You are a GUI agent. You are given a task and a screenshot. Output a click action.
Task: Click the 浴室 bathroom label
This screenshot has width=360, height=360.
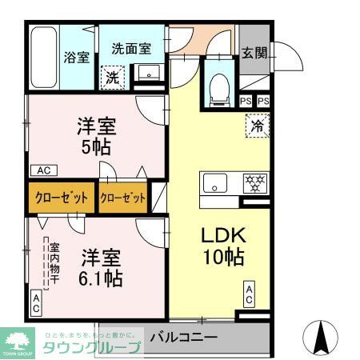(77, 58)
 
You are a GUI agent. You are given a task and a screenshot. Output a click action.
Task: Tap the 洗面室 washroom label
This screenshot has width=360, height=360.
(131, 48)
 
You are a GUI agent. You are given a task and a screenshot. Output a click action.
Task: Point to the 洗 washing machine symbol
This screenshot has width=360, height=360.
(113, 77)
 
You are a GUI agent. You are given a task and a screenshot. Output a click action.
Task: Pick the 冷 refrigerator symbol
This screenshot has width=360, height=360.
(258, 126)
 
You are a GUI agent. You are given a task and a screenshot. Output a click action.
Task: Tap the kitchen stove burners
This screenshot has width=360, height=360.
(254, 182)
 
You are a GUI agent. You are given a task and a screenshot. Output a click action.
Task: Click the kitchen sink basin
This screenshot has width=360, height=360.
(214, 182)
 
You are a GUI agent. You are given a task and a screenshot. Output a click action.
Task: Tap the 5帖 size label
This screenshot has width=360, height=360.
(96, 147)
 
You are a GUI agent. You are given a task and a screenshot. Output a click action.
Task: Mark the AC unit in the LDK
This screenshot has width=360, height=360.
(250, 294)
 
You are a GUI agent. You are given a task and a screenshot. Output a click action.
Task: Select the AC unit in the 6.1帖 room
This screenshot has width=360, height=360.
(36, 302)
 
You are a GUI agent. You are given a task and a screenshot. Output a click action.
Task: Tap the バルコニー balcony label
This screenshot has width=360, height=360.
(183, 338)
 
